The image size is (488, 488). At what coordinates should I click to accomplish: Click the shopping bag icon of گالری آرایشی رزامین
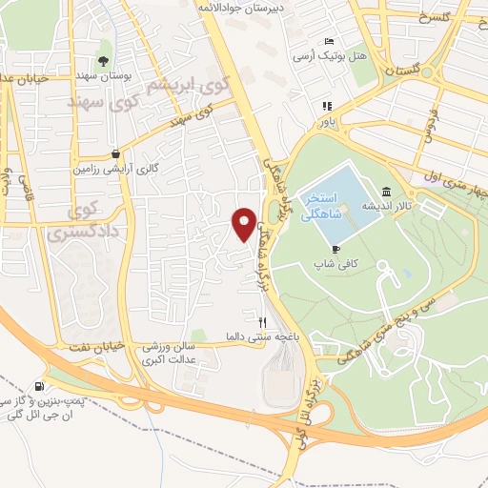tap(115, 152)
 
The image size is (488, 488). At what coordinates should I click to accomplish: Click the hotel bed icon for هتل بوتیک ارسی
tap(329, 42)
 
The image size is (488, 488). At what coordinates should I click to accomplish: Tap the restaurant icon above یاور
tap(326, 107)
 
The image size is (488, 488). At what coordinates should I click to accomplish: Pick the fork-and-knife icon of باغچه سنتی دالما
tap(262, 321)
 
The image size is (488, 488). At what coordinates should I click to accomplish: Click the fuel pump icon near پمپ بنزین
tap(38, 386)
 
